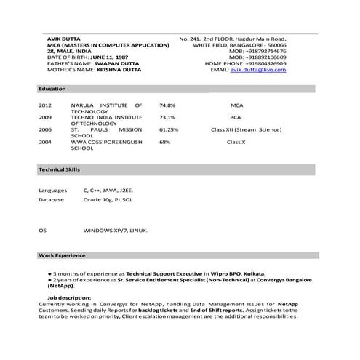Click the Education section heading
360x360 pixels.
(52, 88)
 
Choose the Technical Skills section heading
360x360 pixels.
(59, 169)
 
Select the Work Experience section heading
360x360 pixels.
(62, 255)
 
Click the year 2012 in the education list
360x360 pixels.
(45, 105)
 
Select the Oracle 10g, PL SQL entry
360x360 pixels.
(108, 199)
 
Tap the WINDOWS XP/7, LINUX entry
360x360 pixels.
(116, 231)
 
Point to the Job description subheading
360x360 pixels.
(70, 298)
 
